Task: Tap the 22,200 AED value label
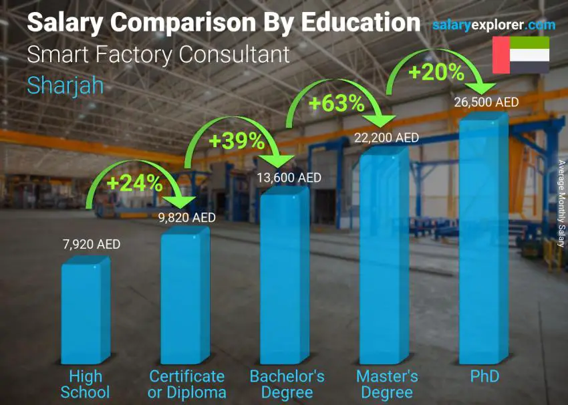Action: [388, 138]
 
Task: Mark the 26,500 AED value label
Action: [486, 102]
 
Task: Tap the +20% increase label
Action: [436, 72]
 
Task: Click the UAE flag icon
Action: [521, 55]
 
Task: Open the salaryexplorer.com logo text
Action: [494, 25]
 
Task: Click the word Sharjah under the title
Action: [65, 85]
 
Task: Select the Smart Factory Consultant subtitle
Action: [158, 54]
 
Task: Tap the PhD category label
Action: [484, 376]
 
